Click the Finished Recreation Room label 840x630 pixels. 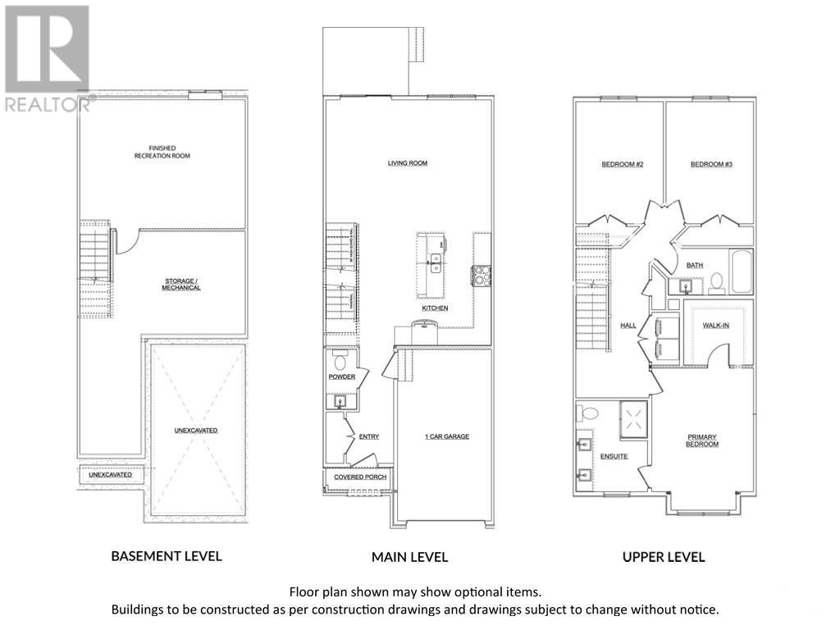pyautogui.click(x=162, y=151)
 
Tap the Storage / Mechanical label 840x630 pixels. pyautogui.click(x=181, y=284)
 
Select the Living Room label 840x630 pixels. pyautogui.click(x=408, y=163)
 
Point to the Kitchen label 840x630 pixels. pyautogui.click(x=435, y=308)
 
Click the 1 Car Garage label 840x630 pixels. pyautogui.click(x=447, y=436)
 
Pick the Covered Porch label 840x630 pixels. pyautogui.click(x=360, y=477)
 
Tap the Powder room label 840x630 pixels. pyautogui.click(x=342, y=377)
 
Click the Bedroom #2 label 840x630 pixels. pyautogui.click(x=623, y=164)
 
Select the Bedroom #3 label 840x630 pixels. pyautogui.click(x=711, y=164)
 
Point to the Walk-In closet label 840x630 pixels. pyautogui.click(x=715, y=326)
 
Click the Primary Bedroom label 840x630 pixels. pyautogui.click(x=702, y=441)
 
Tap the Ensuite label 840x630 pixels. pyautogui.click(x=614, y=456)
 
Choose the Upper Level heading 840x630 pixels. pyautogui.click(x=663, y=557)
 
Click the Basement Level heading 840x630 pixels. pyautogui.click(x=167, y=555)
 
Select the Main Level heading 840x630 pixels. pyautogui.click(x=409, y=557)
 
